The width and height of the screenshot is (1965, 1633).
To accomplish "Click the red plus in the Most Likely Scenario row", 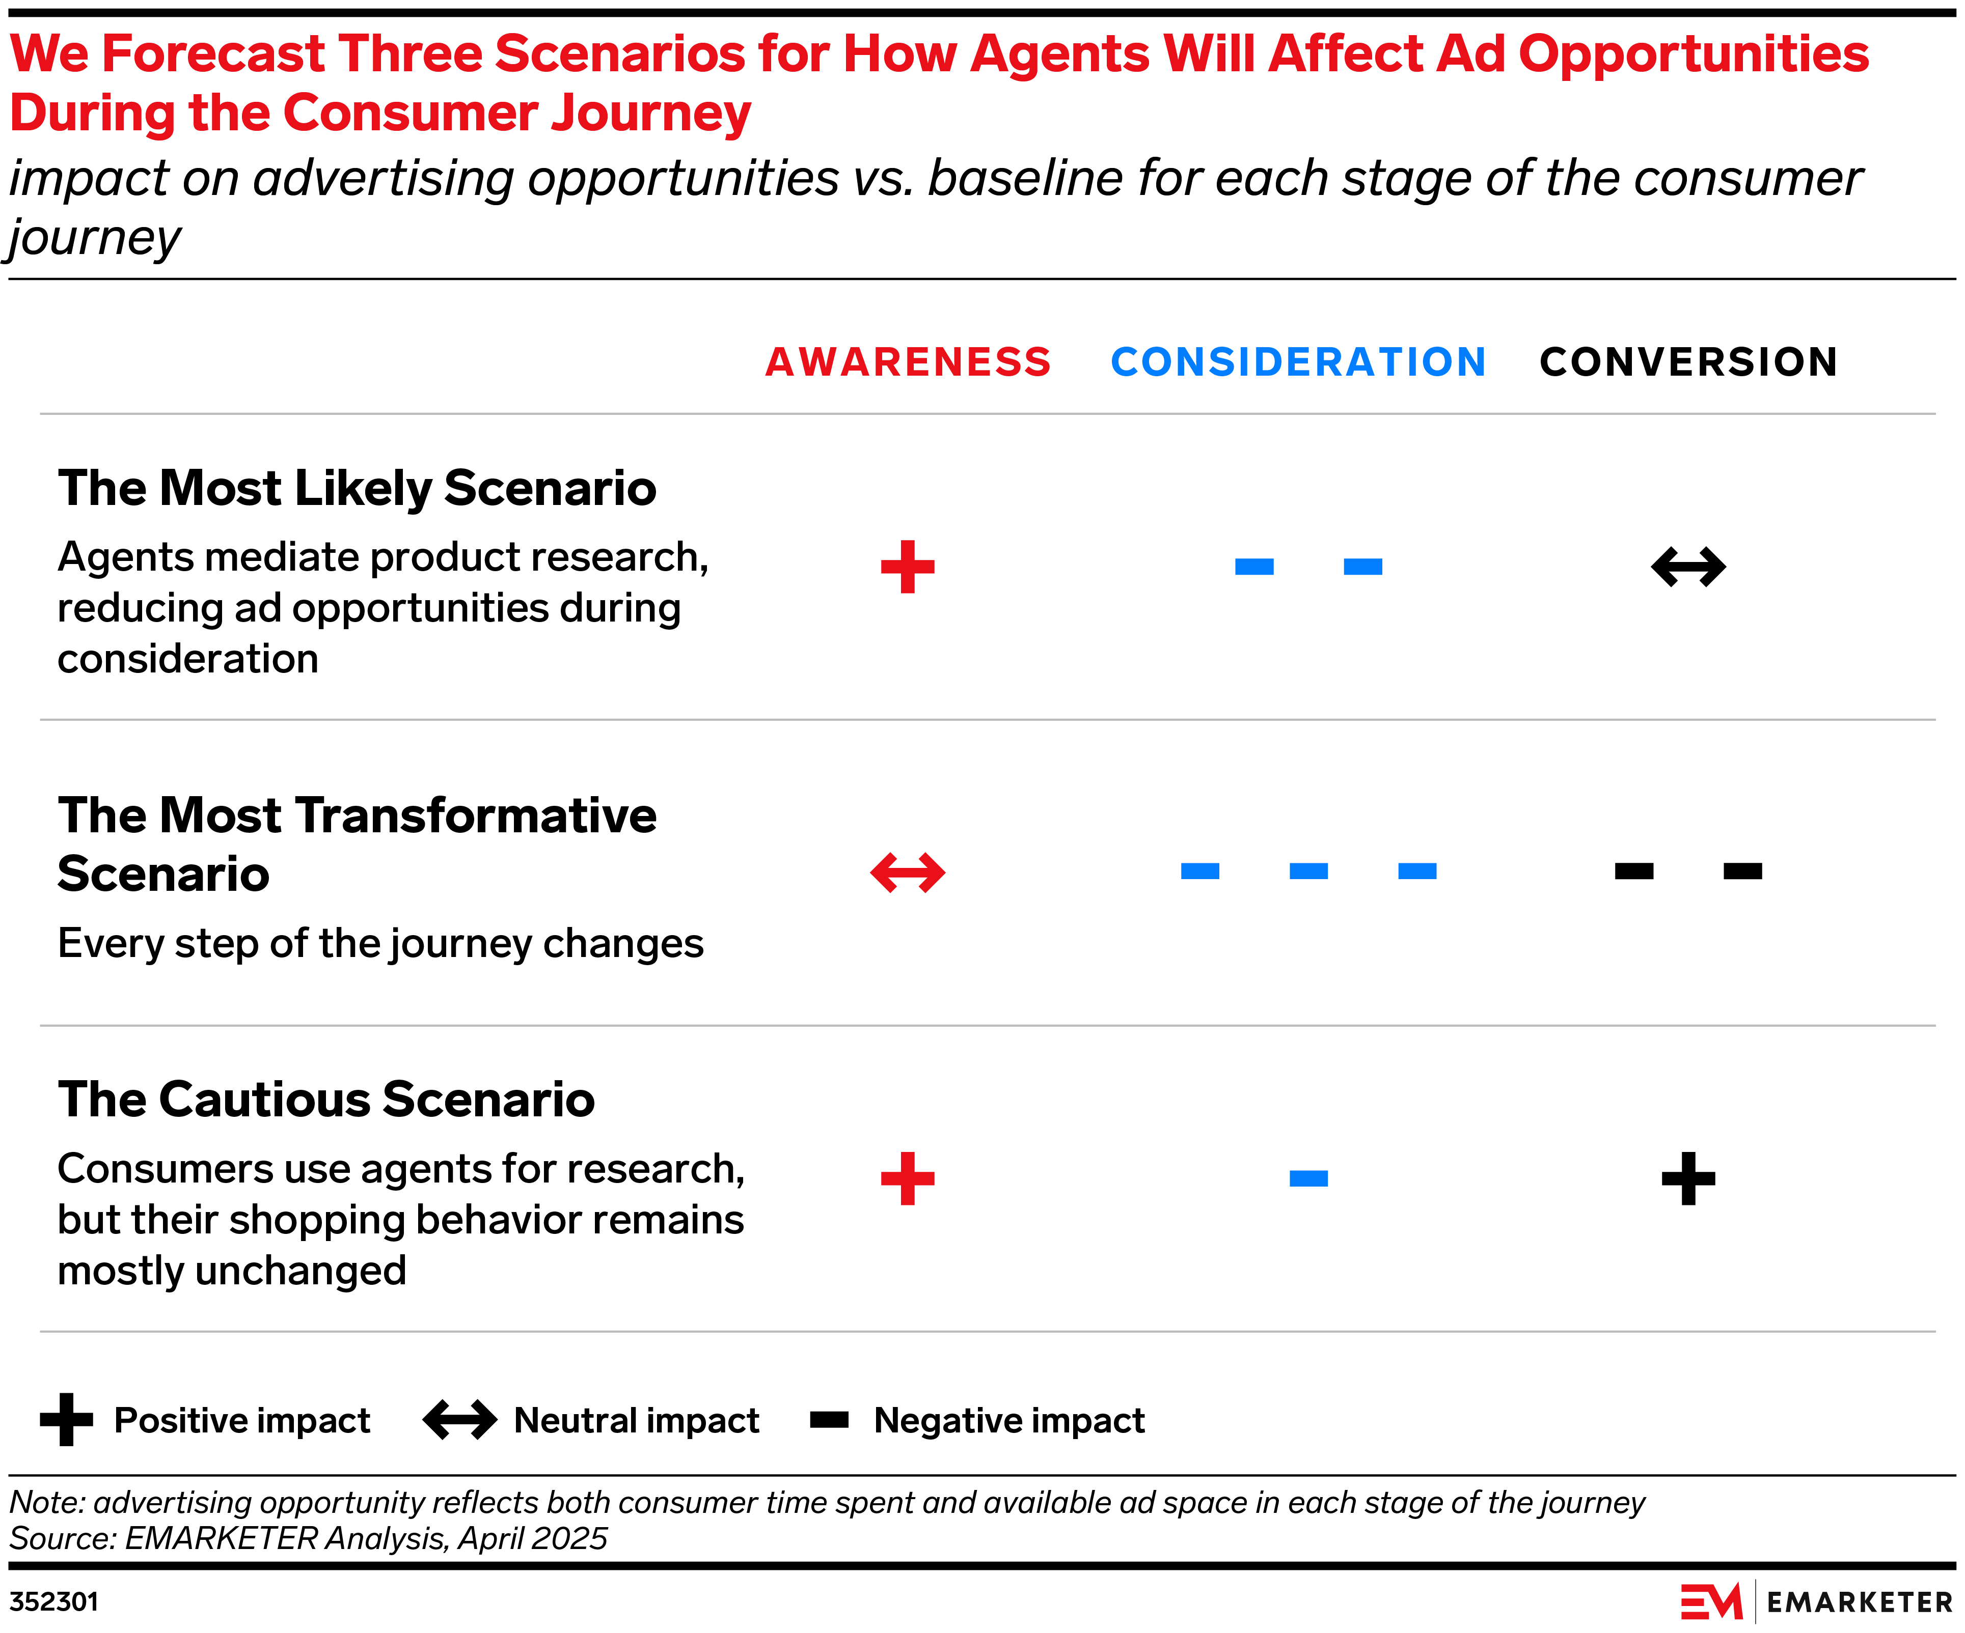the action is coord(908,567).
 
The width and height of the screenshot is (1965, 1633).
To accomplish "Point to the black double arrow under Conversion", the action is coord(1688,567).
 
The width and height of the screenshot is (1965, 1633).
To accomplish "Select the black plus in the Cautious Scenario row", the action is coord(1688,1178).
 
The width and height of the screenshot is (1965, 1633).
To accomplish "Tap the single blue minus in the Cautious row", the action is coord(1308,1178).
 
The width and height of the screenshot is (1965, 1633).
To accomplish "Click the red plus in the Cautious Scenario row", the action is coord(908,1178).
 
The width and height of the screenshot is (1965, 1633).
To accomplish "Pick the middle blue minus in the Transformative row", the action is coord(1308,871).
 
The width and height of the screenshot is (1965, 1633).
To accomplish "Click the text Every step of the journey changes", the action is coord(380,943).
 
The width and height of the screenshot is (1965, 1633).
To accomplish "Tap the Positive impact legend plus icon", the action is coord(66,1420).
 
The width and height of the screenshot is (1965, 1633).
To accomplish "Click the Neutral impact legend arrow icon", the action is coord(459,1420).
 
